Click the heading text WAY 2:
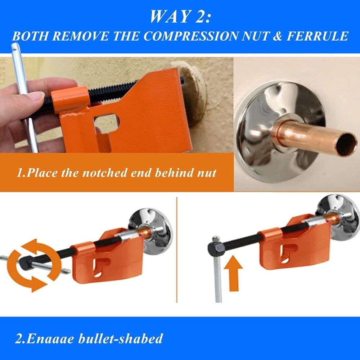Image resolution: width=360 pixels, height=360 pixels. coord(180,17)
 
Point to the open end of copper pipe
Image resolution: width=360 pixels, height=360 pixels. coord(347,145)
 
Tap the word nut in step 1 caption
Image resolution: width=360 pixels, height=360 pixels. coord(207,173)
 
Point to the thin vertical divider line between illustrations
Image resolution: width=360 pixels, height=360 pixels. coord(176,252)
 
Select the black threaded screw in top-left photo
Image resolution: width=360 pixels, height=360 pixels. coord(108,92)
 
